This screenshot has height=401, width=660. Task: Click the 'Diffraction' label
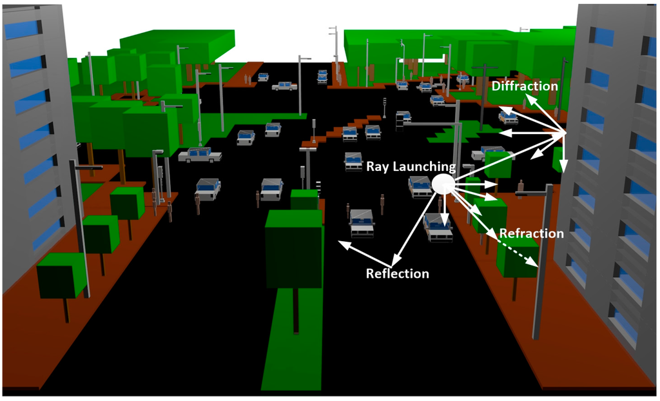[x=525, y=86]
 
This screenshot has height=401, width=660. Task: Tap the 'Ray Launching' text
[x=411, y=166]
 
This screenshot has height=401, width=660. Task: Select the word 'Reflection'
[x=397, y=273]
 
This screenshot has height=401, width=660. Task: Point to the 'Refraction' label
[x=531, y=233]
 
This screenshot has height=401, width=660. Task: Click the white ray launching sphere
[x=443, y=184]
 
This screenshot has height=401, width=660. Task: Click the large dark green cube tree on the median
[x=293, y=248]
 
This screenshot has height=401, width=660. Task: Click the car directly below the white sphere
[x=438, y=227]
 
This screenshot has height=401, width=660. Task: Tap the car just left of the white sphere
[x=420, y=186]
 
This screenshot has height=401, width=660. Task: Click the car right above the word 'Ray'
[x=353, y=161]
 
